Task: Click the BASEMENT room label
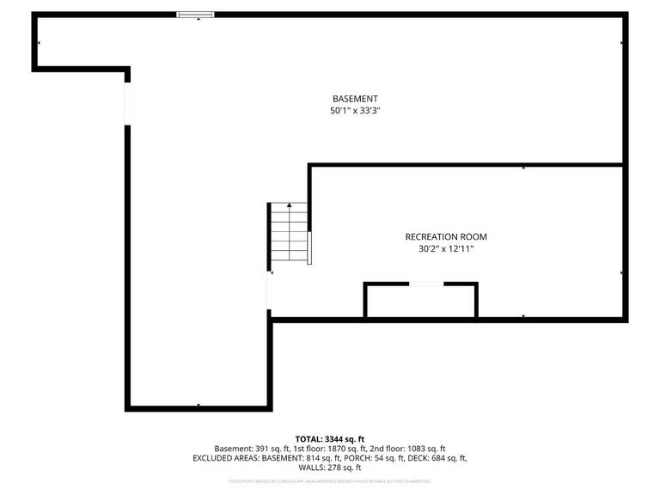click(x=355, y=99)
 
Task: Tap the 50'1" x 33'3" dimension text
click(x=355, y=111)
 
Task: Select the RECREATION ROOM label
click(x=439, y=236)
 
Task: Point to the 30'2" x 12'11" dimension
click(x=439, y=249)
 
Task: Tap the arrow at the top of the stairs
click(x=290, y=206)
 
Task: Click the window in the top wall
click(x=196, y=14)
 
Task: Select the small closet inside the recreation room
click(x=420, y=301)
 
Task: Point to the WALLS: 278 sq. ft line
click(x=330, y=468)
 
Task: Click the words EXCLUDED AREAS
click(x=224, y=458)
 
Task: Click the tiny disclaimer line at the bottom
click(x=330, y=482)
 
